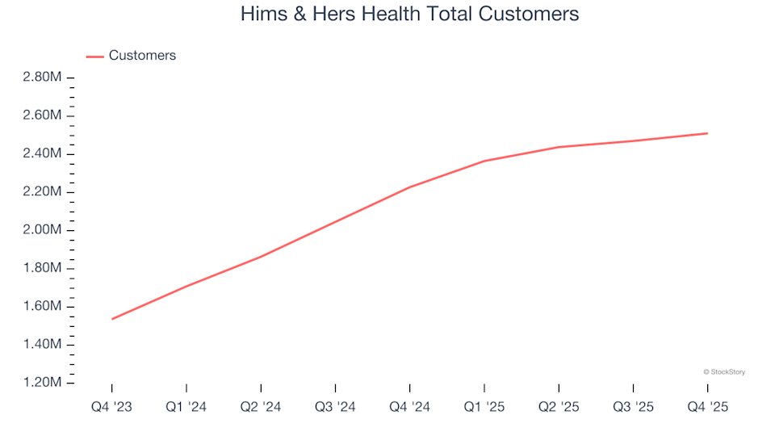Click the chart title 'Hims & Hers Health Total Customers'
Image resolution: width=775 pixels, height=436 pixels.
pos(409,15)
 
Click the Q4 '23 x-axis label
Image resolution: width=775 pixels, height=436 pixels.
pos(112,407)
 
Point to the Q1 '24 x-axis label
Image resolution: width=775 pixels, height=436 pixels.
pos(186,407)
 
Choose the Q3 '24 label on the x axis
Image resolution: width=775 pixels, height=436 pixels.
pos(335,407)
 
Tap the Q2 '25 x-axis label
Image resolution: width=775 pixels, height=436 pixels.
pos(559,407)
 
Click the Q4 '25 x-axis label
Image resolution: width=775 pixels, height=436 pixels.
pos(707,407)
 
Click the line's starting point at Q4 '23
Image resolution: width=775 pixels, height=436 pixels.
pos(112,319)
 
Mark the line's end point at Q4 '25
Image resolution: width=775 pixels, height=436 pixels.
pos(707,133)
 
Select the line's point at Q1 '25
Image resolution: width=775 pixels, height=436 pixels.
pos(484,161)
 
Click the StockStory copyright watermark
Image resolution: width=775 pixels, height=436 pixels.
pos(724,372)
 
